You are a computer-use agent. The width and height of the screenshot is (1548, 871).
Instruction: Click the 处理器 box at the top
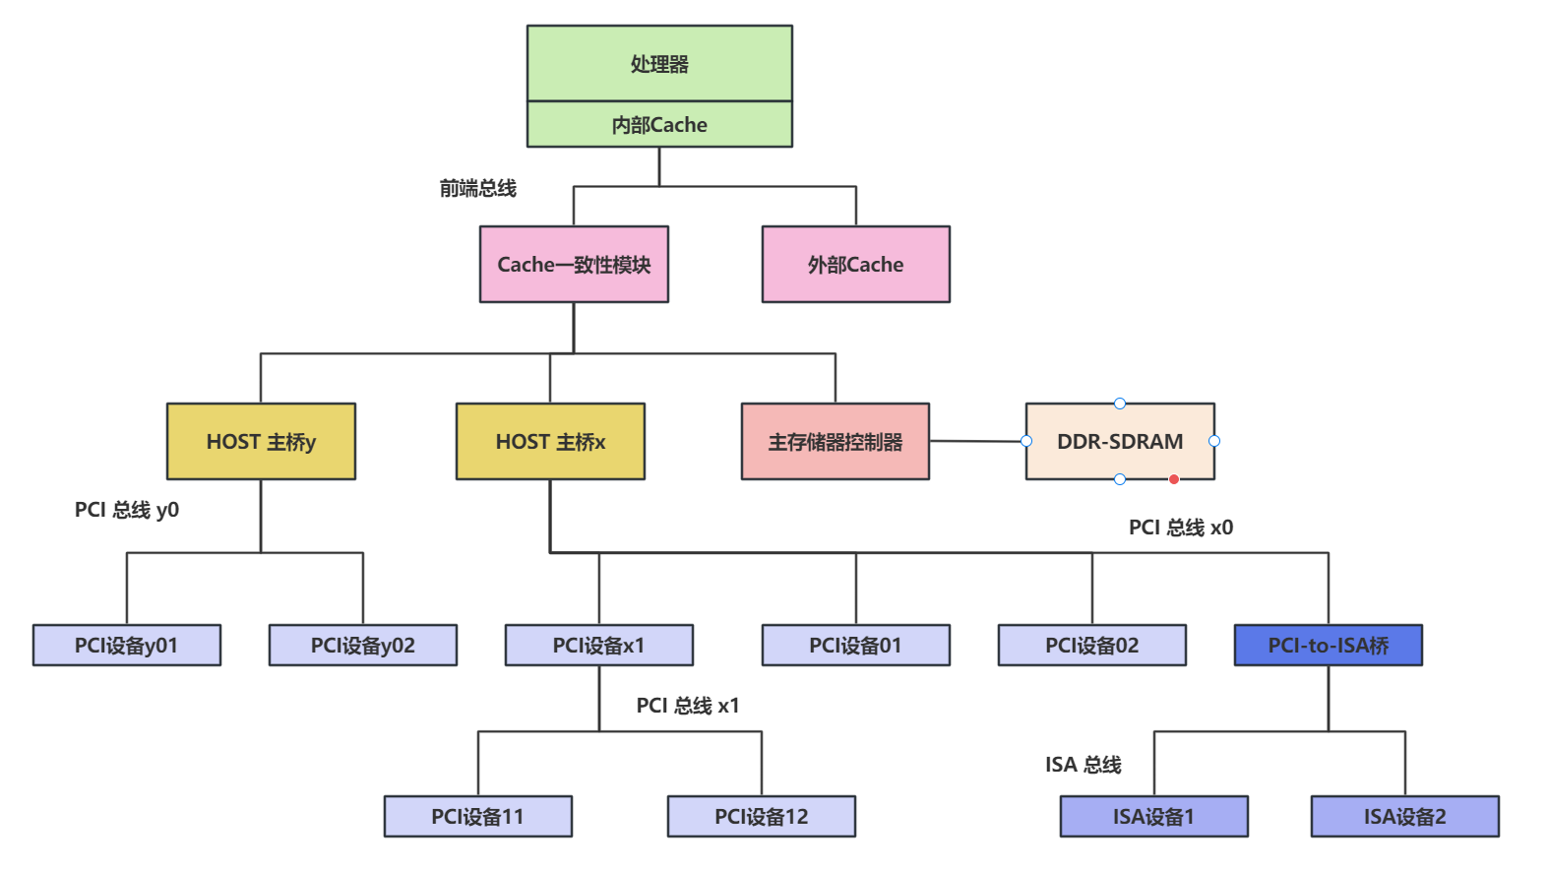coord(659,64)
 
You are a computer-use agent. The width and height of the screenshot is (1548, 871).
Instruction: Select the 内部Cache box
coord(659,124)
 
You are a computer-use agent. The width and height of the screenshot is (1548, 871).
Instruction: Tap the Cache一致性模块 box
coord(574,264)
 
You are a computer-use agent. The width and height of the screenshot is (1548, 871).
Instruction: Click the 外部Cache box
coord(855,264)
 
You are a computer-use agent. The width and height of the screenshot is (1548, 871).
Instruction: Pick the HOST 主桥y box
coord(261,441)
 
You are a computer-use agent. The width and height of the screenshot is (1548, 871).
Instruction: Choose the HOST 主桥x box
coord(550,441)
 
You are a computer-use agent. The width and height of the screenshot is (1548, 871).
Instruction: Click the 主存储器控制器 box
coord(835,441)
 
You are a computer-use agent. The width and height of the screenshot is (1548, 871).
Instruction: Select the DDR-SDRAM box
coord(1120,441)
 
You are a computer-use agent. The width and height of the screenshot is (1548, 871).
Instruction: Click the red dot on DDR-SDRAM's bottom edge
coord(1173,479)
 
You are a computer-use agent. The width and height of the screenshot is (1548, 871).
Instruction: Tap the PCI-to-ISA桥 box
coord(1329,645)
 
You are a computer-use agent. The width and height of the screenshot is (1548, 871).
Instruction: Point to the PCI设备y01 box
coord(127,645)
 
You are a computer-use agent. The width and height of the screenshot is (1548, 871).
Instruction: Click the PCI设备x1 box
coord(599,645)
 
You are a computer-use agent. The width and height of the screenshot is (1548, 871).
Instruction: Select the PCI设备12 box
coord(762,817)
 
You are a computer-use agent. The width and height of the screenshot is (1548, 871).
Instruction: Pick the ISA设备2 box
coord(1405,817)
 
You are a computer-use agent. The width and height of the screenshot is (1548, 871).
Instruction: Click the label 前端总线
coord(478,188)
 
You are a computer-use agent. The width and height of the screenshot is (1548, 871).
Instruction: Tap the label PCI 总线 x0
coord(1180,528)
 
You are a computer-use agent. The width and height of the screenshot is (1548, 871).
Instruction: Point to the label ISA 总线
coord(1083,765)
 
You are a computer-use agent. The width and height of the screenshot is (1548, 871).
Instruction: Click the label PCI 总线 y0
coord(127,510)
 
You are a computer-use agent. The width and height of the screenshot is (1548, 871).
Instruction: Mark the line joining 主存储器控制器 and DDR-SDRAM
coord(978,441)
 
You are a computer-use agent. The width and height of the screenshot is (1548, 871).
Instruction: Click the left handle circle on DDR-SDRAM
coord(1026,441)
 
